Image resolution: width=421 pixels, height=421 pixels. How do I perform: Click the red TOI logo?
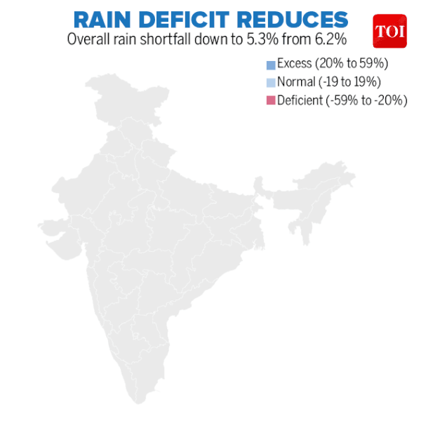[x=389, y=32]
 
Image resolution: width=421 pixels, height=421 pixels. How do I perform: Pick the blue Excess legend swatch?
[x=270, y=65]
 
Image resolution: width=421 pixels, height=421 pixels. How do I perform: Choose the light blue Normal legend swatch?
[x=270, y=83]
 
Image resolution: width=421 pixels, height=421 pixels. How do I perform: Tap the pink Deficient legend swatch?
[x=270, y=101]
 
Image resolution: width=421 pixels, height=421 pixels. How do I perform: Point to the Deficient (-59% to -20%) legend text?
[x=342, y=100]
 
